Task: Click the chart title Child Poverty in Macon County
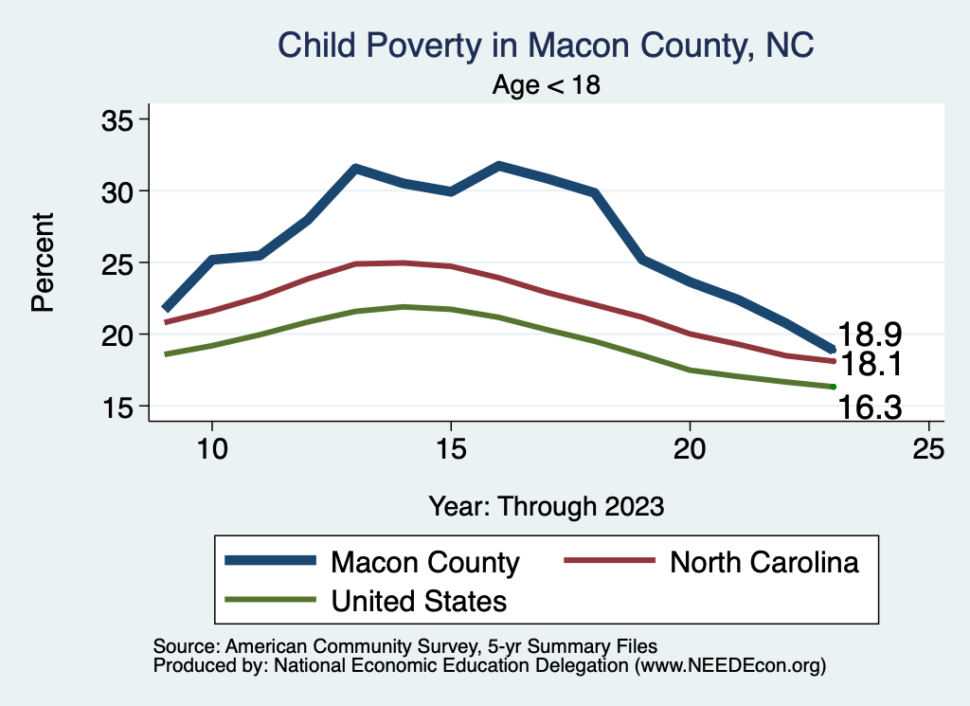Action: [546, 45]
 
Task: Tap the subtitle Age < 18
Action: [547, 85]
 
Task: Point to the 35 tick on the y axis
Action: [119, 119]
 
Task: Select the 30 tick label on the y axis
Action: [119, 191]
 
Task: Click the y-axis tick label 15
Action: [119, 407]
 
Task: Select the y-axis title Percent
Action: [42, 262]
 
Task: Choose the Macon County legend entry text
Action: [424, 562]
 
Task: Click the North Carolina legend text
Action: [763, 562]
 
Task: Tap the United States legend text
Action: [418, 600]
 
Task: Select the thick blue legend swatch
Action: [270, 561]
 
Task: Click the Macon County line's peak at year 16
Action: [499, 166]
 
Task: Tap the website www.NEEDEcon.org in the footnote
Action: [728, 666]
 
